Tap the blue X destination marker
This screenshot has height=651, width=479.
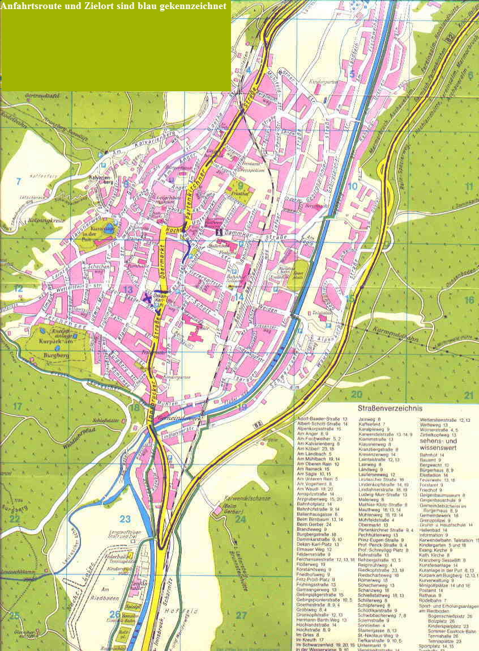[148, 297]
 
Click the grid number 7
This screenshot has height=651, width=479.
[18, 181]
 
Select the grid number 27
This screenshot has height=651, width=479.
[242, 615]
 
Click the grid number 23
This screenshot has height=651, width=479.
[125, 518]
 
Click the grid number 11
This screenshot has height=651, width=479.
[469, 187]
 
